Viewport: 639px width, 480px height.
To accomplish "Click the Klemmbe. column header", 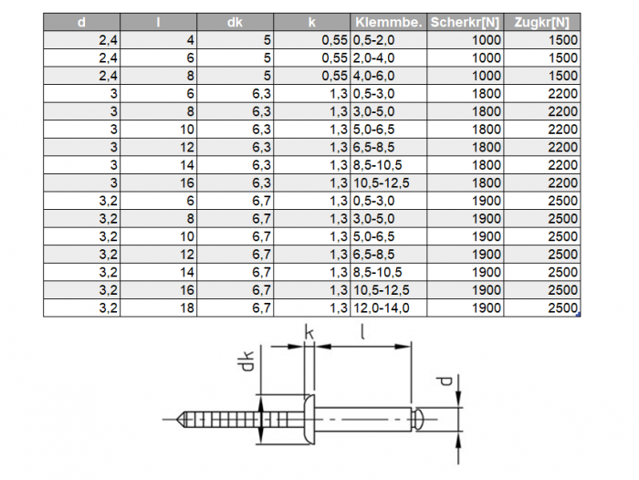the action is pos(388,22).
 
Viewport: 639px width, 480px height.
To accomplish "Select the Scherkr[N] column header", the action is pos(465,22).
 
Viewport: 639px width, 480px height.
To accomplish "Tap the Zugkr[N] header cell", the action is pos(541,22).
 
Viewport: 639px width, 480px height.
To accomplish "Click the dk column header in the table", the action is pos(235,22).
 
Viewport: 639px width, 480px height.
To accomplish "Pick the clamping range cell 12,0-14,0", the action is pos(381,308).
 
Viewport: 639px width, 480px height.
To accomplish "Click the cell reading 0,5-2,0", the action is pos(373,40).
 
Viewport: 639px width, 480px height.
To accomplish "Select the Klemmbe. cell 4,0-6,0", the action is pos(373,76).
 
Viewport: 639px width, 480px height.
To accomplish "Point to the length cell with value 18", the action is pos(187,308).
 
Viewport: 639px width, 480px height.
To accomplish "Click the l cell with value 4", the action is pos(190,40).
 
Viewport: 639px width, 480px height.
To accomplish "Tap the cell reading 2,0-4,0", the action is pos(373,57).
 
